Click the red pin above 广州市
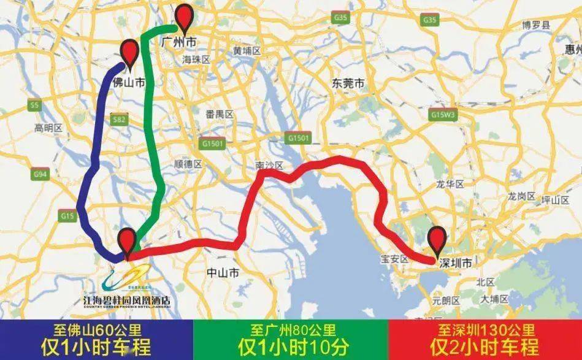[185, 17]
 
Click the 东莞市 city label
[348, 83]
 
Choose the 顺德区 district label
[188, 164]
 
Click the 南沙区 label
[269, 166]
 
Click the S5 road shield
[34, 105]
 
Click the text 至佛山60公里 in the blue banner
[96, 331]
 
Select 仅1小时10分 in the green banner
[291, 347]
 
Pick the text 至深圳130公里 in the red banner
[484, 331]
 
